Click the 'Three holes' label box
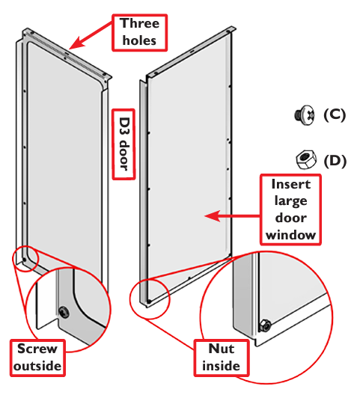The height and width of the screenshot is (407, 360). click(139, 32)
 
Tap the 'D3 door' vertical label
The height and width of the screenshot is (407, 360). click(123, 144)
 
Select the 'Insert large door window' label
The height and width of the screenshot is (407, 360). click(290, 209)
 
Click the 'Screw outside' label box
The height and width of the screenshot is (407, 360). click(37, 358)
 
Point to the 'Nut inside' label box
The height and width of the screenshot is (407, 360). click(222, 358)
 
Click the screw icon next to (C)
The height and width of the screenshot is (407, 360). click(305, 115)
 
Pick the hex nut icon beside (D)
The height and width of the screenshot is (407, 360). click(306, 159)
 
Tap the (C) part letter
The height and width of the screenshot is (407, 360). click(335, 114)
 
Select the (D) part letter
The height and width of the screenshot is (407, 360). click(335, 161)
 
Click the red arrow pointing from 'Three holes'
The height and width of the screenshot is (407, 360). click(91, 36)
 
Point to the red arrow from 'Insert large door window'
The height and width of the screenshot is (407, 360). click(232, 216)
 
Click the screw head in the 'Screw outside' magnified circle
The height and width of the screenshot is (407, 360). click(64, 312)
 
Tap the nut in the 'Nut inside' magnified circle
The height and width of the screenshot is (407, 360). click(265, 325)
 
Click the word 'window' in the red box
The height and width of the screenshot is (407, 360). click(290, 235)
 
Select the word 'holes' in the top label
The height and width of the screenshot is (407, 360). click(139, 40)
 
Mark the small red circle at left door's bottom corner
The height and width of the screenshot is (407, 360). click(25, 259)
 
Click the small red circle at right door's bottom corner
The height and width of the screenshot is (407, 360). click(150, 299)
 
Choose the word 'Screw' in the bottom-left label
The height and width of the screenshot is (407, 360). click(37, 349)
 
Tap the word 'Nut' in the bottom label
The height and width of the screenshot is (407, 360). click(222, 349)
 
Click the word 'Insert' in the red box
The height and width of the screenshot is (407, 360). click(291, 184)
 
